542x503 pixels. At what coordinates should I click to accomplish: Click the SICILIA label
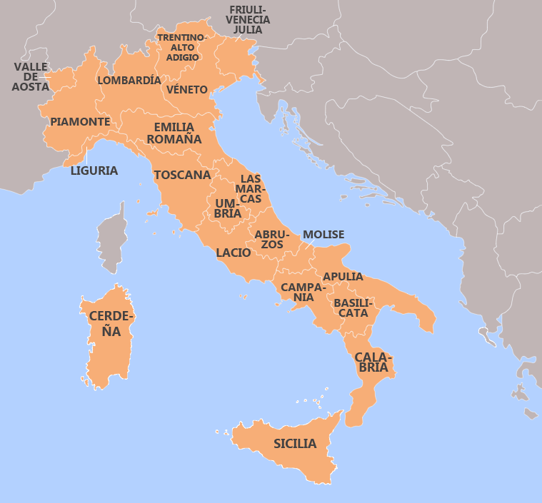(x=295, y=444)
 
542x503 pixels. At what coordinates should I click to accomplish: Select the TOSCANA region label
(x=182, y=175)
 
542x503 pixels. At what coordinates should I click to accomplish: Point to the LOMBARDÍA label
(x=129, y=81)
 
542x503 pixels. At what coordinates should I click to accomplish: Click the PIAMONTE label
(x=80, y=122)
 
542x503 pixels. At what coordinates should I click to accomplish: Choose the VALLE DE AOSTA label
(x=31, y=77)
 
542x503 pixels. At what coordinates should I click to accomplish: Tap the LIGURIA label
(x=94, y=171)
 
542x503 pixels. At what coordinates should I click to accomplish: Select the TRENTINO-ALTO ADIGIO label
(x=182, y=47)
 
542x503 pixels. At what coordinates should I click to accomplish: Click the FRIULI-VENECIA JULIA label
(x=248, y=20)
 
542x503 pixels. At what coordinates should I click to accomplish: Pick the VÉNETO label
(x=187, y=90)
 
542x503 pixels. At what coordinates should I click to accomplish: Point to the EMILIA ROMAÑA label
(x=174, y=133)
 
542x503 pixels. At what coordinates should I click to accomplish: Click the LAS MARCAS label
(x=251, y=188)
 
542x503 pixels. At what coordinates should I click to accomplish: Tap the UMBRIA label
(x=228, y=208)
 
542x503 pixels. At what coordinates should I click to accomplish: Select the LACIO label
(x=234, y=253)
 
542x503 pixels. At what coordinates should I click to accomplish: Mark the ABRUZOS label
(x=271, y=239)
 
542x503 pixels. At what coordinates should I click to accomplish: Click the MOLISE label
(x=323, y=235)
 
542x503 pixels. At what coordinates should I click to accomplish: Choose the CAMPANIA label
(x=303, y=292)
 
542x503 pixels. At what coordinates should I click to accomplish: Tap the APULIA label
(x=343, y=277)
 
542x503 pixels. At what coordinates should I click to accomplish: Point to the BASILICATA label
(x=351, y=308)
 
